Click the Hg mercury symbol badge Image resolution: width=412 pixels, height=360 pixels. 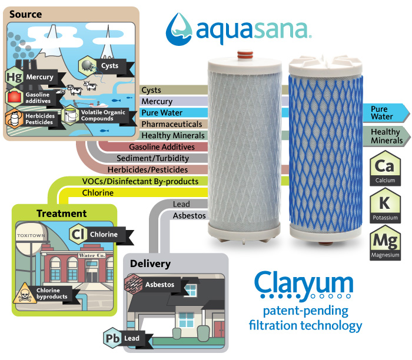14,77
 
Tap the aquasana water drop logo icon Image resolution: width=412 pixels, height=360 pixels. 180,28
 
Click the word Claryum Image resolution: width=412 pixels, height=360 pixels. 304,282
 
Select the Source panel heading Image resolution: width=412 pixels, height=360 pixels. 25,14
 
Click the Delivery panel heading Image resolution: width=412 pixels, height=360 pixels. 151,263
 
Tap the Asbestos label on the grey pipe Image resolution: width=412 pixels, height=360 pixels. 189,216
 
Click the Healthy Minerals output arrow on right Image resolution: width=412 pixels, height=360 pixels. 387,136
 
